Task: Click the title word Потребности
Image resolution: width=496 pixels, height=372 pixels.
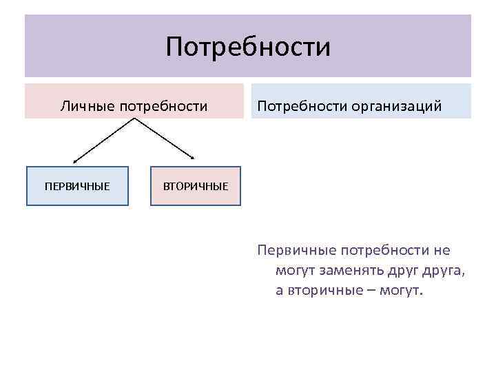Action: [x=248, y=47]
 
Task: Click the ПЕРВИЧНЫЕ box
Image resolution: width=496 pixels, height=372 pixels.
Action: [x=77, y=186]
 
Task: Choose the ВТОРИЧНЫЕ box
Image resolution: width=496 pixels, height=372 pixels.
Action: [x=196, y=186]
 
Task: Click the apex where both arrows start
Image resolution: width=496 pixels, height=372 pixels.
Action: [x=132, y=118]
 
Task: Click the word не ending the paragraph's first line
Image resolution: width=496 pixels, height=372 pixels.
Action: [x=441, y=251]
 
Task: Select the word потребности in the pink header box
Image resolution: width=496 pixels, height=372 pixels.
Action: [x=163, y=106]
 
